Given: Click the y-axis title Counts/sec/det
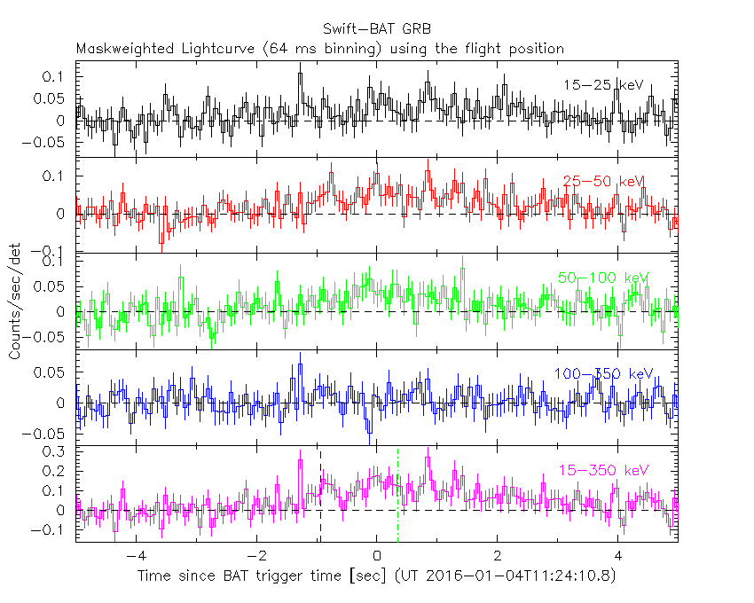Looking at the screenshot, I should tap(15, 301).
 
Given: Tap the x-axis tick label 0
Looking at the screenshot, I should tap(377, 557).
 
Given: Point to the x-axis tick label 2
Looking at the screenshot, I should tap(498, 557).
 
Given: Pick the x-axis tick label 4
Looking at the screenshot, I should tap(618, 557).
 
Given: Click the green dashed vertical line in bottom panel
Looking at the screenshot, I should tap(397, 497).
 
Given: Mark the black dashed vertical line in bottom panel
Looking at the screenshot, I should tap(320, 497).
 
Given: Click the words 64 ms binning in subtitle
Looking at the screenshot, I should tap(335, 49).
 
